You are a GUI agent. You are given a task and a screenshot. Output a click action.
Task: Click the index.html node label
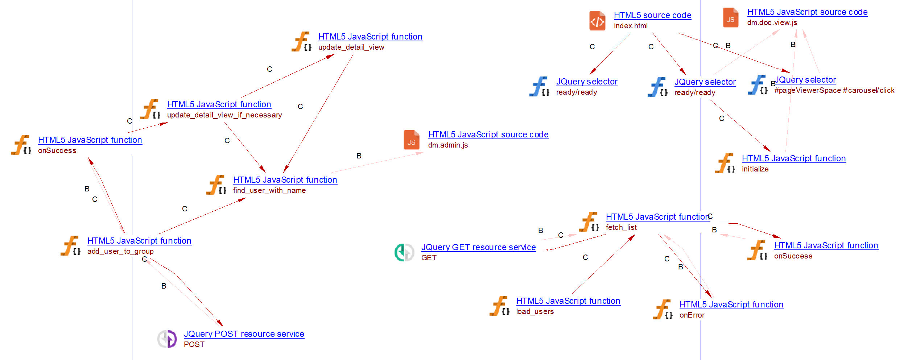coord(630,26)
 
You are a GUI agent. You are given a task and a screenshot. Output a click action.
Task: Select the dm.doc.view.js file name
coord(772,22)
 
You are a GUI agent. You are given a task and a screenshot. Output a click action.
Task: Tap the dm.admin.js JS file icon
coord(411,140)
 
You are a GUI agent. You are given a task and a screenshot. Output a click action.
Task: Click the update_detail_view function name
coord(351,47)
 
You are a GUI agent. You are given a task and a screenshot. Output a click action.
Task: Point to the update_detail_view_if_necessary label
coord(224,115)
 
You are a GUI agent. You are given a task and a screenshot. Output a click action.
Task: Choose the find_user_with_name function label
coord(269,190)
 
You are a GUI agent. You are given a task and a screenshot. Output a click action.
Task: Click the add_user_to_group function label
coord(120,251)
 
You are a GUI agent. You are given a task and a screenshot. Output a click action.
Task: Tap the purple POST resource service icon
coord(167,339)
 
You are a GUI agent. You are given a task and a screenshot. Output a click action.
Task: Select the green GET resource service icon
coord(404,252)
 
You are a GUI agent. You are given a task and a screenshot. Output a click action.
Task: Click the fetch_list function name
coord(621,227)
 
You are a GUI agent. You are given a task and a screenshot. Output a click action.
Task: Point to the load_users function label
coord(535,311)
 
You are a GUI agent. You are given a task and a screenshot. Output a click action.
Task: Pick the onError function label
coord(692,315)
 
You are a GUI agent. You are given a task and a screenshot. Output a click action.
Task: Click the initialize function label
coord(755,169)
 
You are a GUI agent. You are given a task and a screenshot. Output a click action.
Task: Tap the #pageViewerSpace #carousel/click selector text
coord(834,90)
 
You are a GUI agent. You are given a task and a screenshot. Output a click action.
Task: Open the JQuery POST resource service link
coord(244,334)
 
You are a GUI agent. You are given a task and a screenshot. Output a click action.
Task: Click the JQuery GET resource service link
coord(478,247)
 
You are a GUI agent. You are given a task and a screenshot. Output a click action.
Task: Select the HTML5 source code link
coord(652,15)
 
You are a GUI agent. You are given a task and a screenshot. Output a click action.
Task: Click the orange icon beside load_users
coord(499,306)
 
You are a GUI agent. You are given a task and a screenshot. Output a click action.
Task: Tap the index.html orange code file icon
coord(597,21)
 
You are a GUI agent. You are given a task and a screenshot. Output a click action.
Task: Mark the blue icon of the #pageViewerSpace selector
coord(757,85)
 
